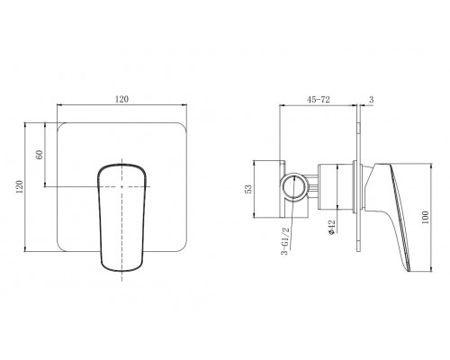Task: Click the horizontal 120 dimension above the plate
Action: tap(121, 99)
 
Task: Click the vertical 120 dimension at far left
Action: tap(20, 186)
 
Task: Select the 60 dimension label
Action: tap(40, 154)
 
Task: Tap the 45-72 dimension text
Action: tap(318, 99)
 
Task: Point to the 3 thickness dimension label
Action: tap(372, 99)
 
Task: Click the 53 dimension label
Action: tap(248, 189)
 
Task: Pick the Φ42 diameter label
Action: tap(332, 227)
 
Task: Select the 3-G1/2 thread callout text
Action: tap(284, 241)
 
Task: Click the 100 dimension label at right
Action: tap(425, 218)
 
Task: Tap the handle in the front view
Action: tap(121, 218)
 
